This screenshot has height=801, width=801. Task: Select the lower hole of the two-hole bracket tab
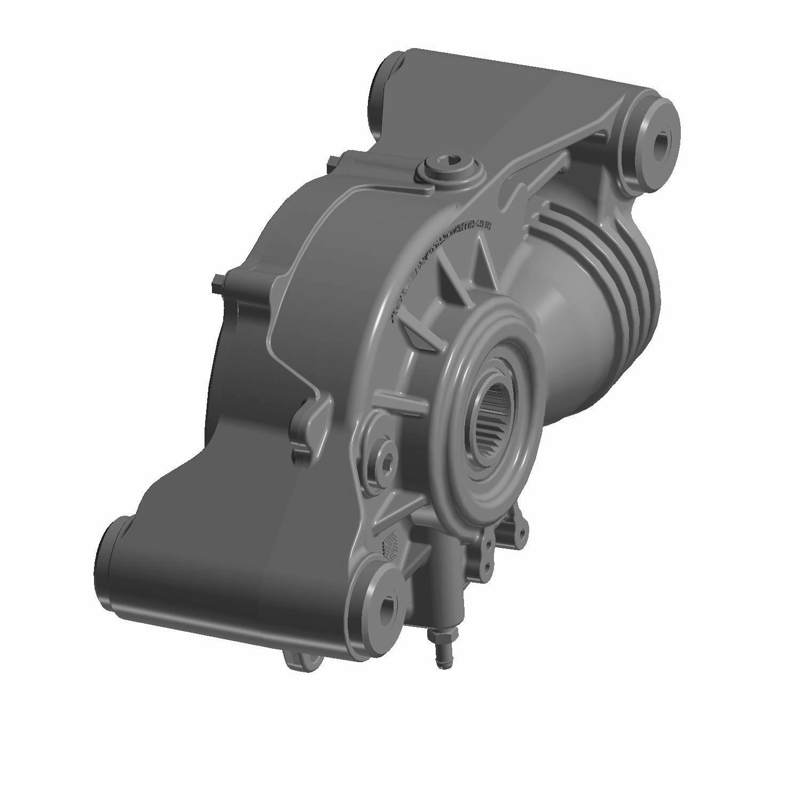pos(486,570)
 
